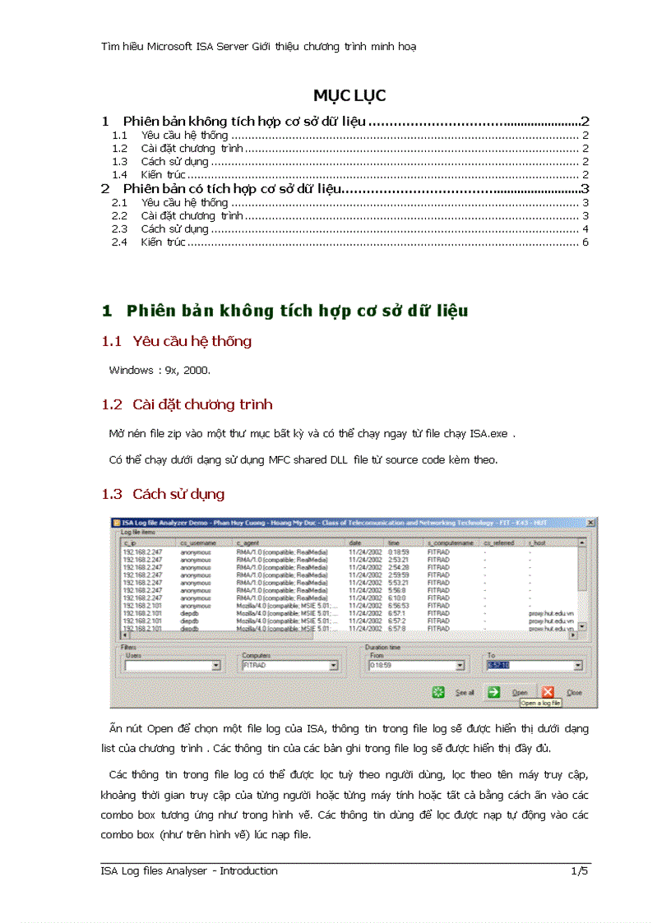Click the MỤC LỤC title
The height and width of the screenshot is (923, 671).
pyautogui.click(x=349, y=95)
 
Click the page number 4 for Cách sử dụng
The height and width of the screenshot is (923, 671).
pyautogui.click(x=585, y=228)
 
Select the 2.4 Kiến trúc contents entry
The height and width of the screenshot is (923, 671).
pyautogui.click(x=163, y=242)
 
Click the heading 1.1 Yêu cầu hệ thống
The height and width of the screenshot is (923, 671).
pyautogui.click(x=177, y=341)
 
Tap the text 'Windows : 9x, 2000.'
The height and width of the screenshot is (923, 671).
pyautogui.click(x=160, y=370)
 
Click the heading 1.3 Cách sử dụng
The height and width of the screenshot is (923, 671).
pyautogui.click(x=163, y=494)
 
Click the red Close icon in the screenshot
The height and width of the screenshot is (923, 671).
pyautogui.click(x=548, y=692)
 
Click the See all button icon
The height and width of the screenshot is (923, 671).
pyautogui.click(x=440, y=692)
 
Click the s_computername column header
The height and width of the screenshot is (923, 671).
pyautogui.click(x=451, y=542)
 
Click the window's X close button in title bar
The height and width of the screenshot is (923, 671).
pyautogui.click(x=590, y=523)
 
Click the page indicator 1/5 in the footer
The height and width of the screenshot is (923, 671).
pyautogui.click(x=580, y=870)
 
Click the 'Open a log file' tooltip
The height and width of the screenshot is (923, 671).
pyautogui.click(x=540, y=704)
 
